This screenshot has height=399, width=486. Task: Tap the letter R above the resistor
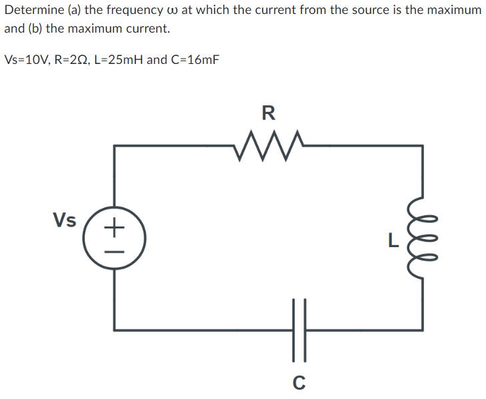268,113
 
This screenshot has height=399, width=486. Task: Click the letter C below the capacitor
299,382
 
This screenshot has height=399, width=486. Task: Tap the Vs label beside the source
65,220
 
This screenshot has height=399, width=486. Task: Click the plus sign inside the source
114,228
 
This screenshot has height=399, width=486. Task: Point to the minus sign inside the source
114,252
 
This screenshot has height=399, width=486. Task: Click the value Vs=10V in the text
26,60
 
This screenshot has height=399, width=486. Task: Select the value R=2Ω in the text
75,60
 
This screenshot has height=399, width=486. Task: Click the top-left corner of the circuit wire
115,146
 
